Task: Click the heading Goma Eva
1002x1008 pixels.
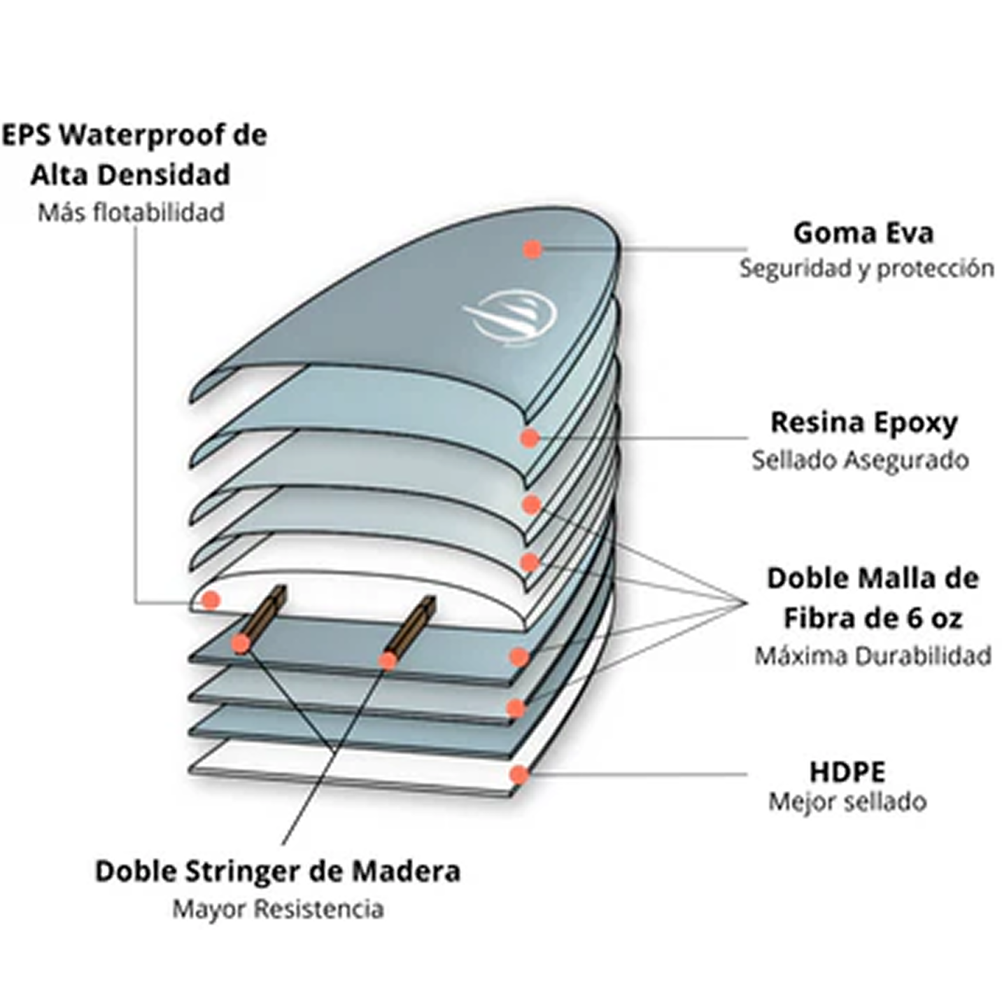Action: [863, 233]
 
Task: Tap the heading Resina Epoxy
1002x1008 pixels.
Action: [864, 424]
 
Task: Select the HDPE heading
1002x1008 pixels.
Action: [848, 772]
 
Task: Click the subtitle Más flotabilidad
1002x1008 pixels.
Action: [132, 213]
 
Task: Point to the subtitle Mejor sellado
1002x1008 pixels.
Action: [847, 802]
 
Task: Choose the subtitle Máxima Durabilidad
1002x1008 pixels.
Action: [873, 656]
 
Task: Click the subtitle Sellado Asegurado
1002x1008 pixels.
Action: [860, 461]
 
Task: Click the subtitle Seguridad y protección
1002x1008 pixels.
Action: [866, 269]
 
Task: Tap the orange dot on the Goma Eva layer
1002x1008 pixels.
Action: [532, 249]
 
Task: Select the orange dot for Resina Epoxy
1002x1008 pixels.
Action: [529, 437]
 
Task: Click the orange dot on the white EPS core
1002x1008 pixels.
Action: [211, 600]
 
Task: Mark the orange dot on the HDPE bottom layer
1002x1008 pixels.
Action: [518, 774]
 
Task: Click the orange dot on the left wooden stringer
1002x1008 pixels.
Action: [241, 644]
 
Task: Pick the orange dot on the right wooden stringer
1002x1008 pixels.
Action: [388, 661]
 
